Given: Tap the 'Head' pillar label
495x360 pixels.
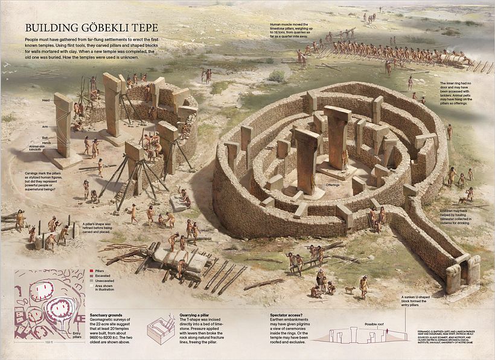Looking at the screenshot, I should coord(46,100).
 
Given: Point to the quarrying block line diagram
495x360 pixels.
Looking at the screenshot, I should coord(162,330).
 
